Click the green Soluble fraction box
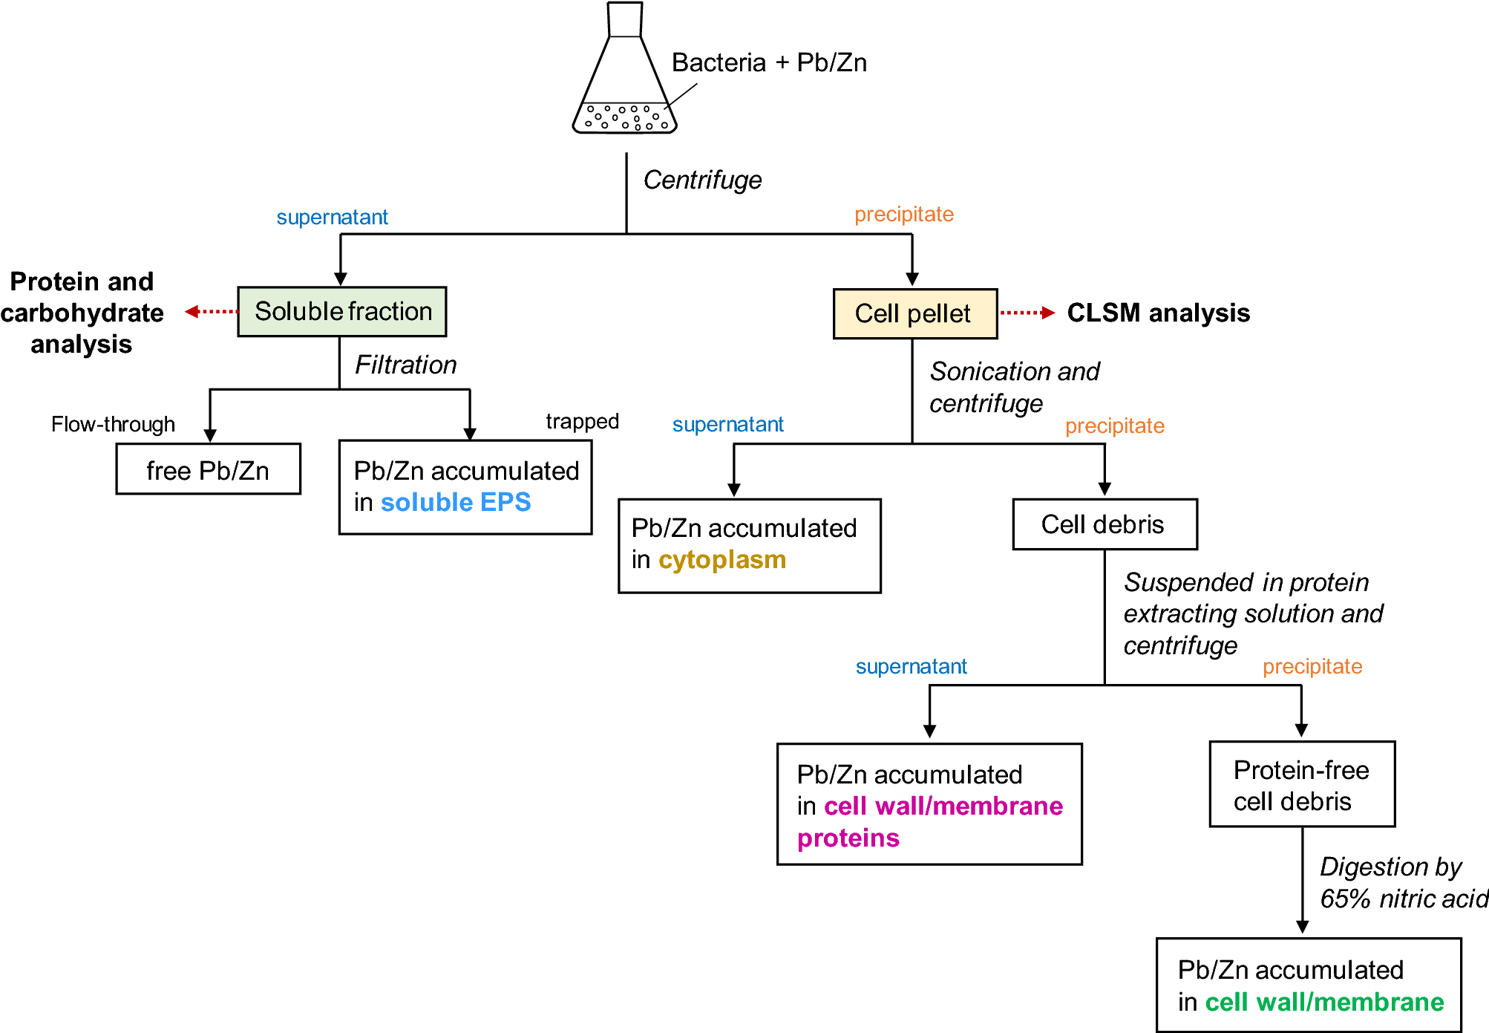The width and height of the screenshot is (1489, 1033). tap(342, 312)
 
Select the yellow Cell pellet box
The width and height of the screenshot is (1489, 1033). tap(914, 314)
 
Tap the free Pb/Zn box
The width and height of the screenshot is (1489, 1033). tap(208, 470)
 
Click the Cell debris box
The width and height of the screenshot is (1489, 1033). tap(1104, 524)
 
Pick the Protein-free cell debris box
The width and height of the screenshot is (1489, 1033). tap(1301, 785)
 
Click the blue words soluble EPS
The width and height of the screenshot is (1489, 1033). tap(456, 503)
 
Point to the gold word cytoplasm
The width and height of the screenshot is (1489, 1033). tap(722, 560)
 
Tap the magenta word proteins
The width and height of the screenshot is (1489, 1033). tap(848, 838)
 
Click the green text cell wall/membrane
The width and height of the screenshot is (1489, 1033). tap(1324, 1003)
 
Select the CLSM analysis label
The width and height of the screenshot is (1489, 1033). tap(1158, 313)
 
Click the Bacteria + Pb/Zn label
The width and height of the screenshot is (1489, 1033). tap(769, 63)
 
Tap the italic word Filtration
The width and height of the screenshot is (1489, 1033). tap(405, 365)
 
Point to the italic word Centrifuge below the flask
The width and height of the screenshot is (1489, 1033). tap(702, 180)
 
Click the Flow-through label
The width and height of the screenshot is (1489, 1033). tap(113, 425)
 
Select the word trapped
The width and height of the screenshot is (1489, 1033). tap(582, 422)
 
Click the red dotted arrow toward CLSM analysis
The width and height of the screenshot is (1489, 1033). tap(1027, 313)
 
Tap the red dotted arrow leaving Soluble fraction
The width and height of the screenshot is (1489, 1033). tap(211, 312)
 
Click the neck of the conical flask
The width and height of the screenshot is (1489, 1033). tap(624, 20)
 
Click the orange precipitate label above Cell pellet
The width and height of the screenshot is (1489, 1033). tap(903, 215)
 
